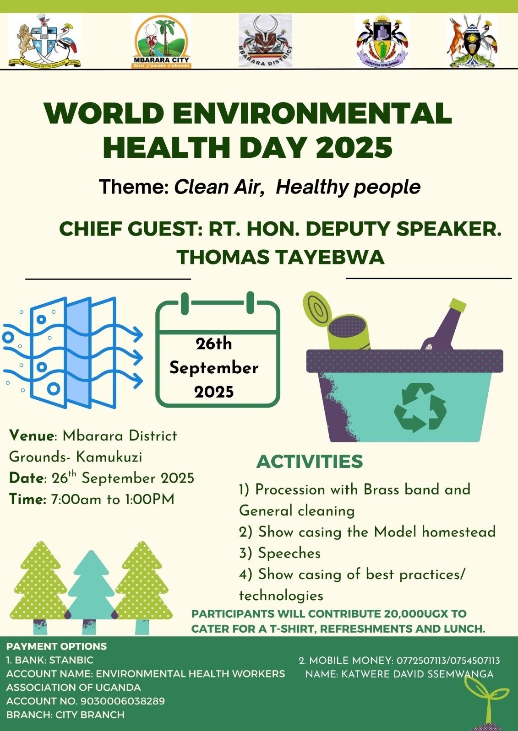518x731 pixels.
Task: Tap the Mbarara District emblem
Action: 265,41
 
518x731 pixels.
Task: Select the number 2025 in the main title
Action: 354,147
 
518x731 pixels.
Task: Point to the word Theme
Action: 133,187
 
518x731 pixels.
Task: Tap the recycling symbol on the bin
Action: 420,408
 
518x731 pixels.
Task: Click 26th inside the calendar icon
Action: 214,344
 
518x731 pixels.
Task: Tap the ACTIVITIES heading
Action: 310,462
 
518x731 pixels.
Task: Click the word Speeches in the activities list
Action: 289,553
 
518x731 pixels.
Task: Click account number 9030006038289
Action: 122,701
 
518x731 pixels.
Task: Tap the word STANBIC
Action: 71,660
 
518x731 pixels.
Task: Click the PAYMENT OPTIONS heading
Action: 56,646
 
